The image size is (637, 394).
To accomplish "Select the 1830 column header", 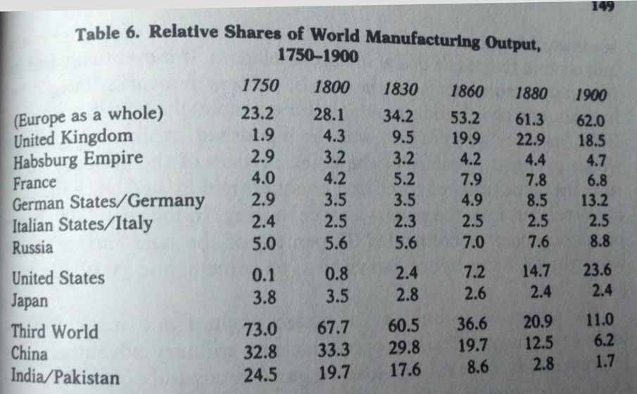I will tap(402, 90).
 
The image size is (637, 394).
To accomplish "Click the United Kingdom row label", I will tap(72, 136).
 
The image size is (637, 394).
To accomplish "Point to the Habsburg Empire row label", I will tap(78, 160).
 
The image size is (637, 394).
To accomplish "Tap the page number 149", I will tap(604, 7).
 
